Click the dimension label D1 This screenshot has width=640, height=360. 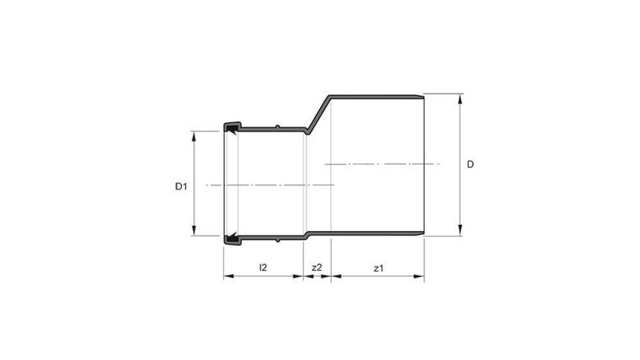click(x=181, y=186)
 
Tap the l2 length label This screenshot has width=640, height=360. click(x=263, y=267)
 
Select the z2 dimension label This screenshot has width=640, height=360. click(x=317, y=267)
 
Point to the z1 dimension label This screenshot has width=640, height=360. click(x=378, y=267)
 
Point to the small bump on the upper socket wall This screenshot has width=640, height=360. click(x=277, y=126)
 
